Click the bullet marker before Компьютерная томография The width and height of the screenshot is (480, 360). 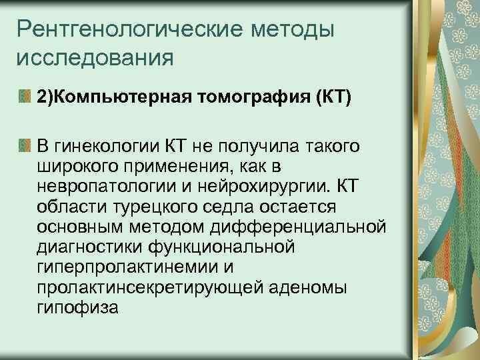pyautogui.click(x=25, y=98)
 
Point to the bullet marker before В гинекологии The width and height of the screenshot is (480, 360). pyautogui.click(x=25, y=145)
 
